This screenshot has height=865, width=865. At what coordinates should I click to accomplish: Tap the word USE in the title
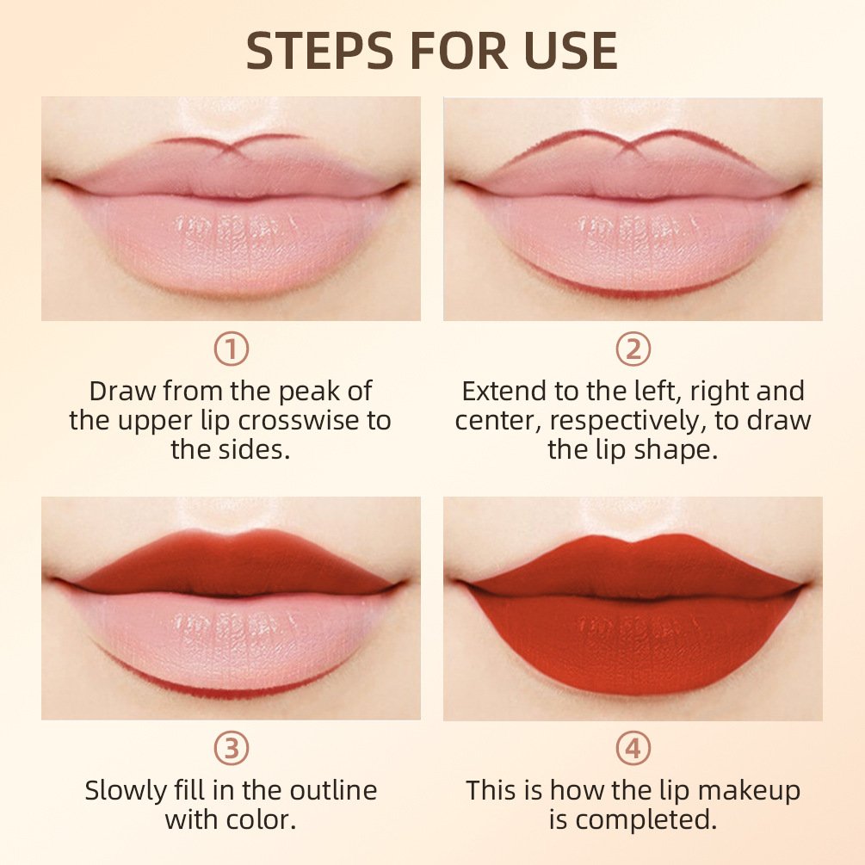tap(572, 52)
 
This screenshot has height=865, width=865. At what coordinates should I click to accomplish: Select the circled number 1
tap(231, 349)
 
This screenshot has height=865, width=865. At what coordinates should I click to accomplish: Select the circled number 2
tap(633, 349)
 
